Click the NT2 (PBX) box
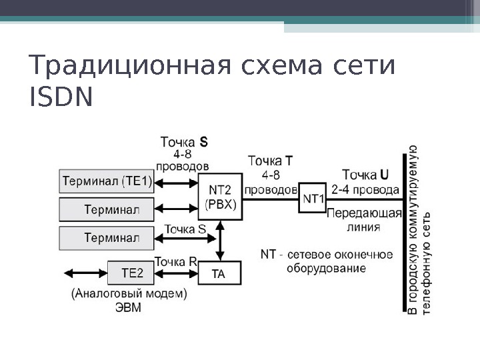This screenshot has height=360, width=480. tap(221, 197)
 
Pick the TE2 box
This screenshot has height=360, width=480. tap(132, 273)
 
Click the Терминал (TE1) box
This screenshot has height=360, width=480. tap(107, 181)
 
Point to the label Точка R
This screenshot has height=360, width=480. tap(175, 261)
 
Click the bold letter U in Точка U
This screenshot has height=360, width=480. tap(385, 175)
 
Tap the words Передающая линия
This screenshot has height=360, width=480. tap(364, 219)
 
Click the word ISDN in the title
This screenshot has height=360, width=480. tap(61, 98)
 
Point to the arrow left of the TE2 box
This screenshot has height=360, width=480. tap(84, 273)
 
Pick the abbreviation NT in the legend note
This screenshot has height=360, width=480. tap(268, 255)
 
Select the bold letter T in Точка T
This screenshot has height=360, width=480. tap(288, 161)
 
